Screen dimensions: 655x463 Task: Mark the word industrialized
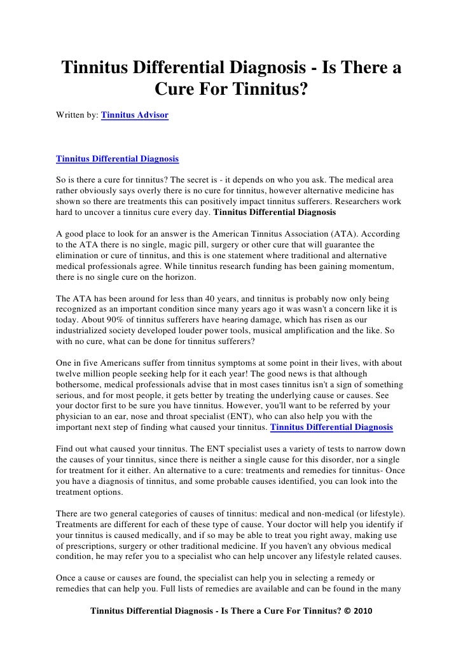click(x=85, y=333)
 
